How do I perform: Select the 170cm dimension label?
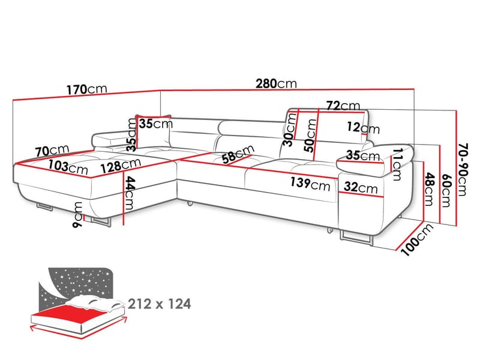(86, 89)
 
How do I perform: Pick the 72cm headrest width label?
(343, 106)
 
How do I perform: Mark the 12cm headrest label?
(363, 127)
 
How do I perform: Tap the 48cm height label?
(429, 188)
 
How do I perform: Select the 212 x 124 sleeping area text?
(159, 304)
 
